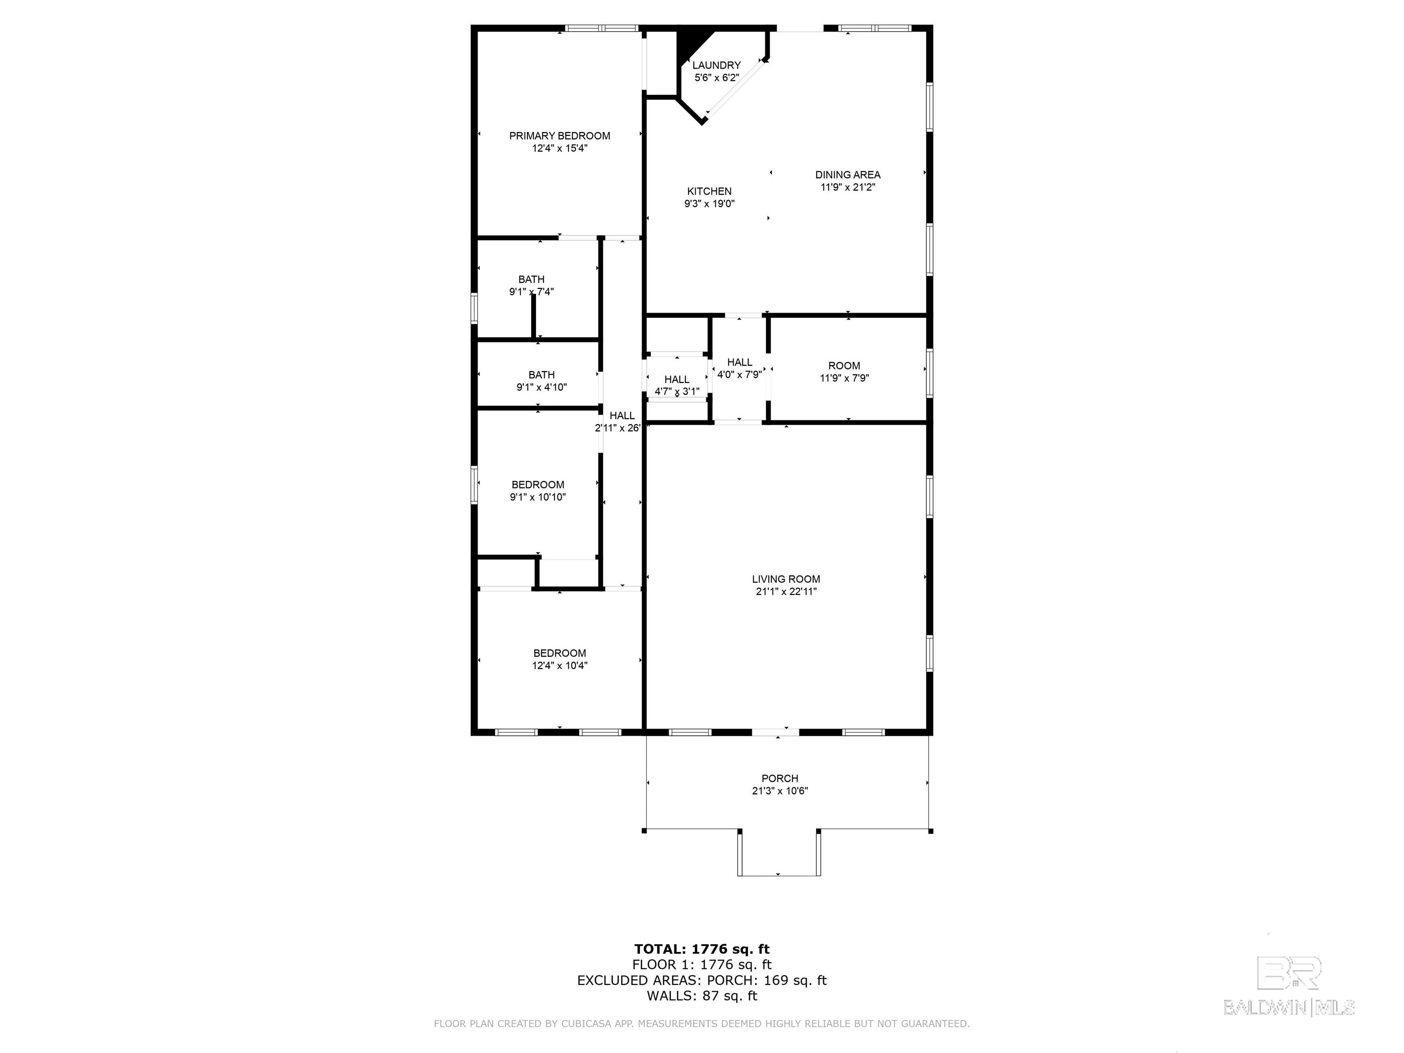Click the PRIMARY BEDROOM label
pos(559,136)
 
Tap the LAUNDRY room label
pos(716,65)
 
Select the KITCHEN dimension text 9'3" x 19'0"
pos(709,204)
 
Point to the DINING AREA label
pos(847,175)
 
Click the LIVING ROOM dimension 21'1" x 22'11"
pos(786,591)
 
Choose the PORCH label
pos(779,778)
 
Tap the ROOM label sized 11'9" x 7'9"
pos(844,366)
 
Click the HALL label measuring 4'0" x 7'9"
pos(739,362)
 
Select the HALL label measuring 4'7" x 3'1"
pos(676,379)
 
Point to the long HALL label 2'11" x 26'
pos(622,416)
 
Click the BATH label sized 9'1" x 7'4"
pos(531,279)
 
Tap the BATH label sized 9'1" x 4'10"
pos(541,375)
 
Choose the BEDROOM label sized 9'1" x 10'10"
pos(537,485)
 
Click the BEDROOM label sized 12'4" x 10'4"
pos(559,653)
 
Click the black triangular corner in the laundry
pos(690,43)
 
